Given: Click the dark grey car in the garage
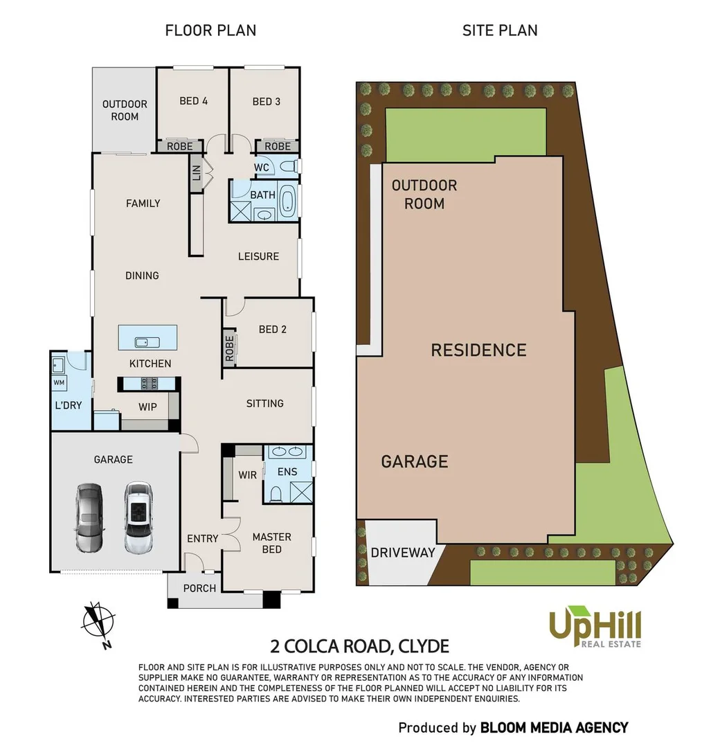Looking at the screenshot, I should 89,518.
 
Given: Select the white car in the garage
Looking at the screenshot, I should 138,517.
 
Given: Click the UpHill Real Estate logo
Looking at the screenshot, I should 595,627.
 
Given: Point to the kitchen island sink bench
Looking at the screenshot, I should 147,338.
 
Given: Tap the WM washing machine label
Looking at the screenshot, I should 58,382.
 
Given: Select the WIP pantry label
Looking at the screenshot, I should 147,407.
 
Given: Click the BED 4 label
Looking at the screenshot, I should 193,101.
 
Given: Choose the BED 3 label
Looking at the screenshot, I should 266,101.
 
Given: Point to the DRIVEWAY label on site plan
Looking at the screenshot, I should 402,553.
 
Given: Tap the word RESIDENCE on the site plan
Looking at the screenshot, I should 478,350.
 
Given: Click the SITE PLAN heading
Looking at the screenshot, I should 500,30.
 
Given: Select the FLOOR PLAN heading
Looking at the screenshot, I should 210,30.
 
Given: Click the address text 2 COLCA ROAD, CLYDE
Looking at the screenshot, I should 359,647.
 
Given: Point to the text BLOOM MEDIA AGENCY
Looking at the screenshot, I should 555,727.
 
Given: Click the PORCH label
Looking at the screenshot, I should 199,588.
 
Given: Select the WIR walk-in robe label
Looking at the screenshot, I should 247,475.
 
